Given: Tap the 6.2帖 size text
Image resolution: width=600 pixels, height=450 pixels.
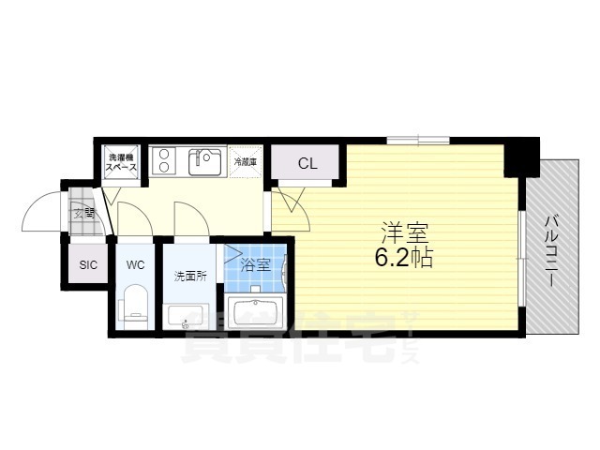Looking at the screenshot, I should [x=405, y=259].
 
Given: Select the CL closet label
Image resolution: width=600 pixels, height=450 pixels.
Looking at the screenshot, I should [x=307, y=163].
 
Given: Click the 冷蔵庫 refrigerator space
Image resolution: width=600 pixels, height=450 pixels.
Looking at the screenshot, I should [x=247, y=162].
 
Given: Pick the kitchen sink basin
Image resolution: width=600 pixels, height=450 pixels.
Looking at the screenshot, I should [x=205, y=162].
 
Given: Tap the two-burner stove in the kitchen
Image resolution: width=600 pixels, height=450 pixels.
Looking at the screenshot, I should [x=161, y=161].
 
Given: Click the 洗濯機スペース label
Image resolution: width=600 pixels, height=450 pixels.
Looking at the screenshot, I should [x=121, y=161].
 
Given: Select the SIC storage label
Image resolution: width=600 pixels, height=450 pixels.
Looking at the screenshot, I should [x=88, y=265].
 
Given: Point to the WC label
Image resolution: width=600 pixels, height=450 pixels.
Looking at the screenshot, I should [x=136, y=265].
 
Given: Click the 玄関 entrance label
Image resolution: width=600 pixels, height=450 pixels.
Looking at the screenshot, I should [x=83, y=212].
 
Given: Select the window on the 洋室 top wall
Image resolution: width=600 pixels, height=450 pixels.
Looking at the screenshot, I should [x=418, y=141].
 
